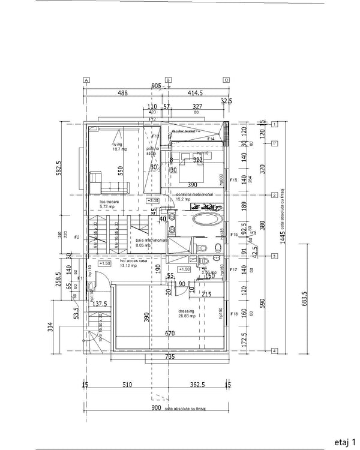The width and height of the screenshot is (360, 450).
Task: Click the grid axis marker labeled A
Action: pyautogui.click(x=86, y=80)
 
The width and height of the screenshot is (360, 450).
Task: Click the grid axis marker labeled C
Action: pyautogui.click(x=226, y=80)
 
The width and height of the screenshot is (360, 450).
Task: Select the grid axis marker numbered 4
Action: pyautogui.click(x=273, y=350)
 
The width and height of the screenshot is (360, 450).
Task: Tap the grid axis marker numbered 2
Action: pyautogui.click(x=273, y=195)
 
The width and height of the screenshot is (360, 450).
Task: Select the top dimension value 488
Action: pyautogui.click(x=122, y=93)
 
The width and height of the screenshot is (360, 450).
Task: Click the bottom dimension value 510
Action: pyautogui.click(x=127, y=385)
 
